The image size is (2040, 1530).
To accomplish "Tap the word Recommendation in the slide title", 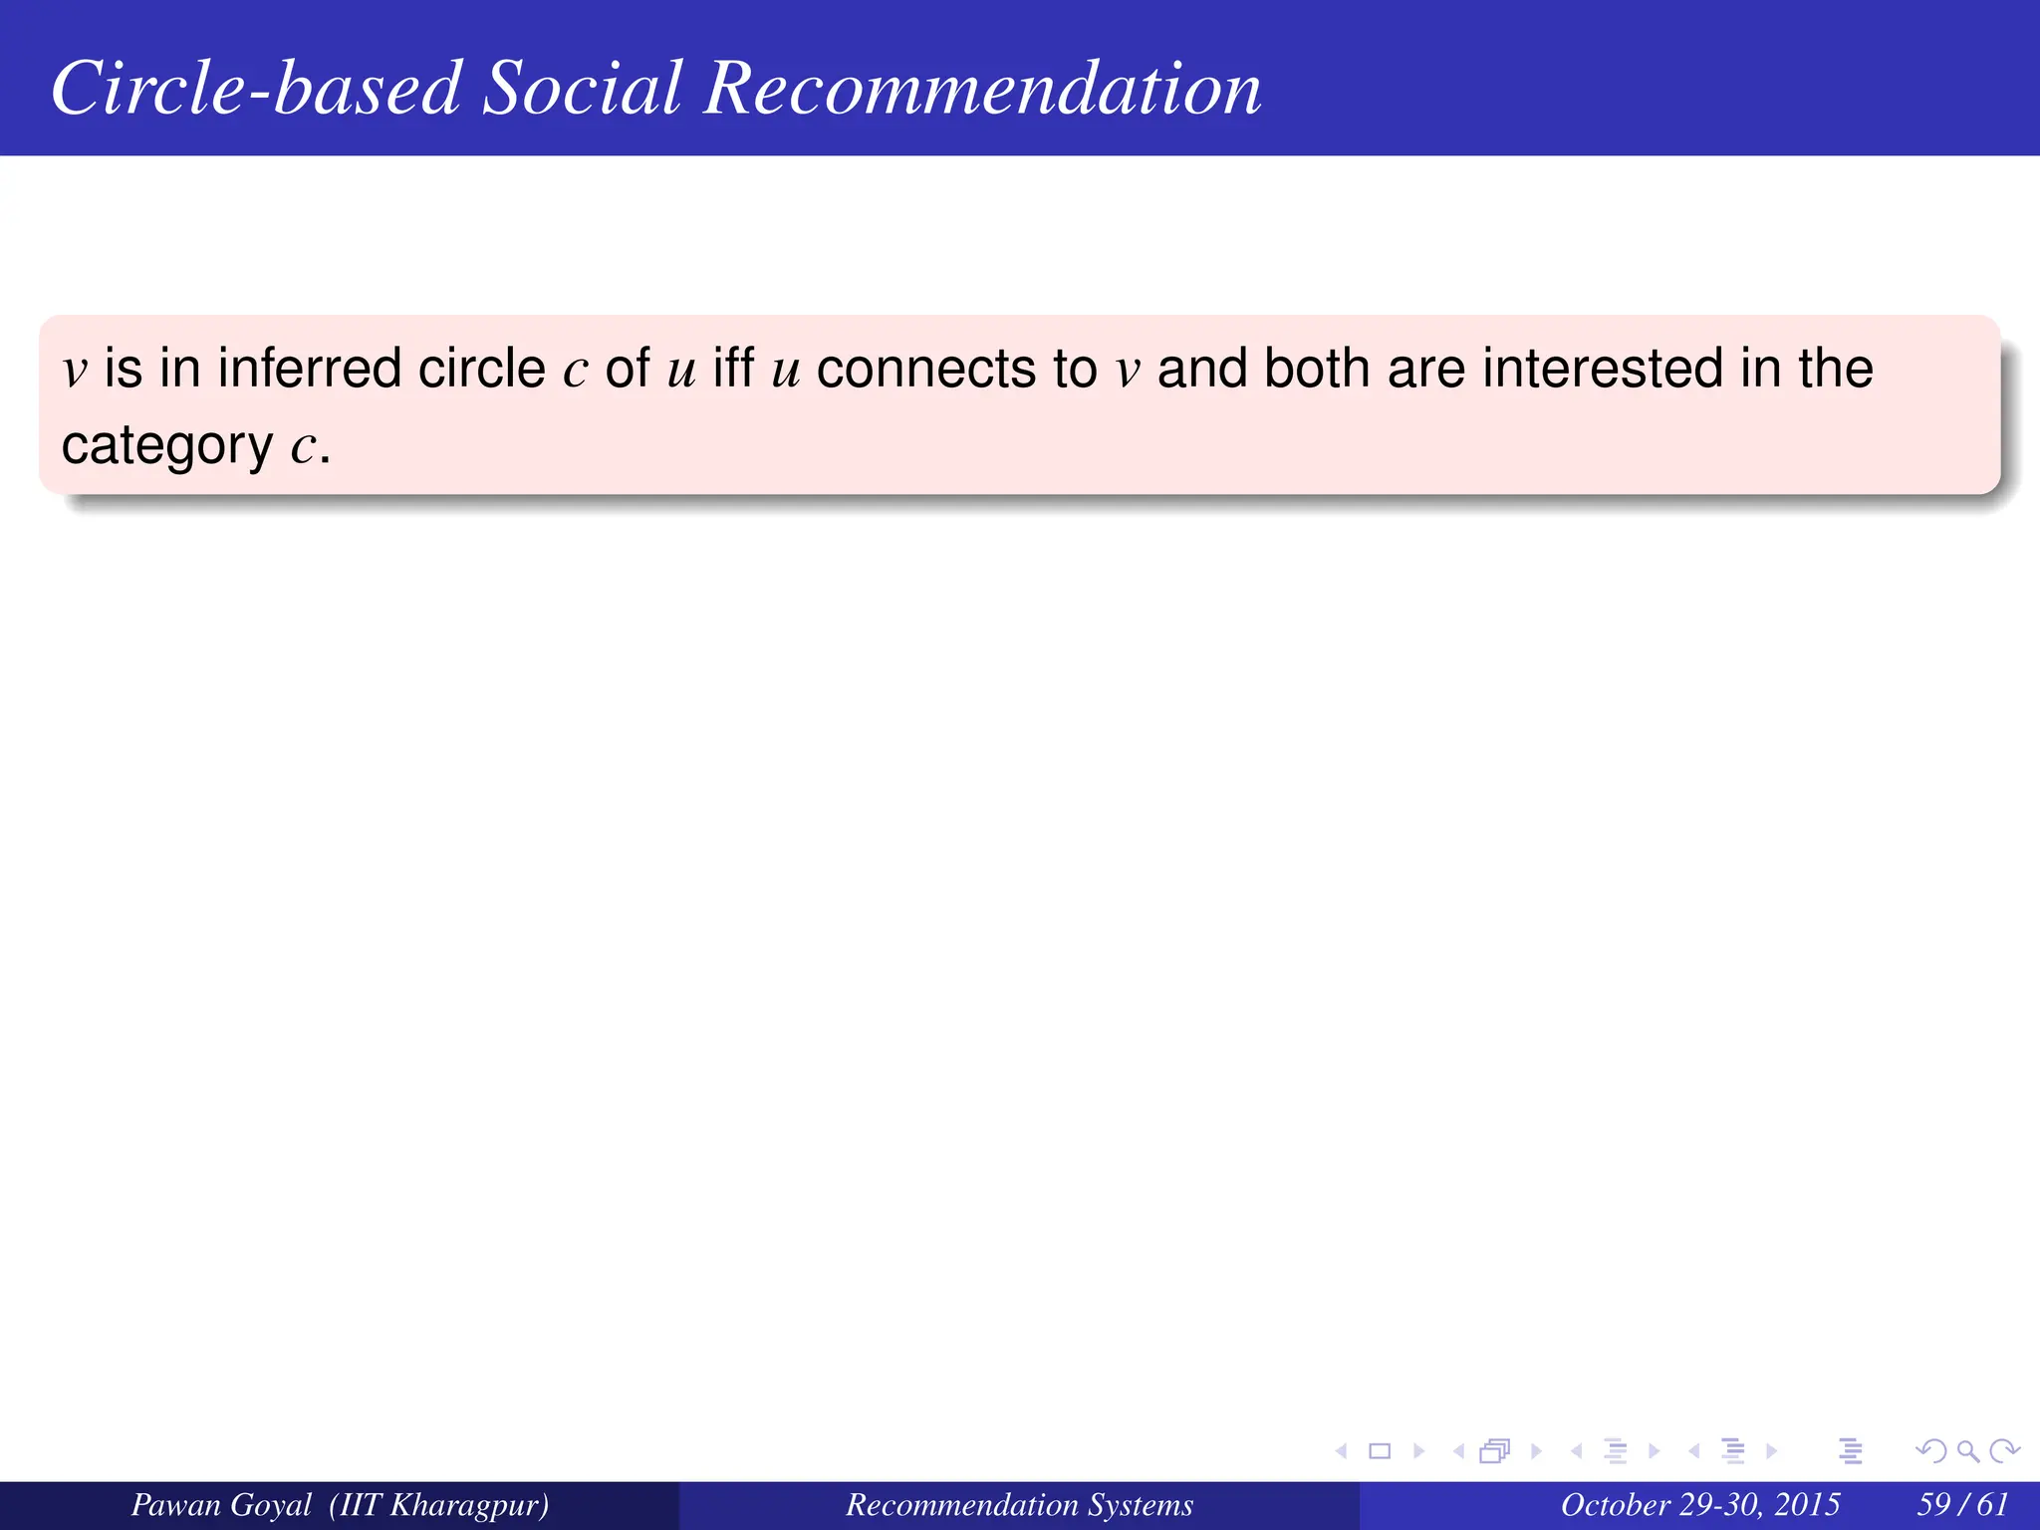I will coord(982,88).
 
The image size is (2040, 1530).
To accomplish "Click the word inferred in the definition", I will coord(310,369).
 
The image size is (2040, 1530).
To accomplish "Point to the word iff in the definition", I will coord(733,369).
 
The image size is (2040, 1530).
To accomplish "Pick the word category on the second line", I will coord(166,446).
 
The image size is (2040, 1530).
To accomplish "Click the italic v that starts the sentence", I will coord(75,371).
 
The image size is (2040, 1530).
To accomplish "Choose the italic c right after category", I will coord(303,447).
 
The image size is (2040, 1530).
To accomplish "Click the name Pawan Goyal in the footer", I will coord(221,1504).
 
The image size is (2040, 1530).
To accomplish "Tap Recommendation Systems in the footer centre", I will coord(1019,1504).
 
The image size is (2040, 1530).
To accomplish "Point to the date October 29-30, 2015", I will coord(1699,1504).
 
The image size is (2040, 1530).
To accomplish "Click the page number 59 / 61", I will coord(1962,1504).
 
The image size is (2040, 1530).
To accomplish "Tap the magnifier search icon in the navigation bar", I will coord(1967,1451).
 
